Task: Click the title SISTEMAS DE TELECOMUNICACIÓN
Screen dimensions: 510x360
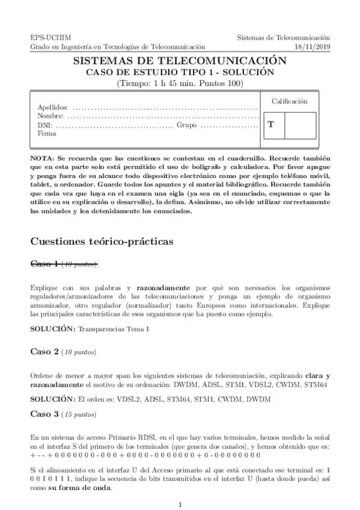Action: [x=179, y=61]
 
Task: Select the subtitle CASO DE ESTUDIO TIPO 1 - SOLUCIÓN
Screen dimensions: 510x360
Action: [x=179, y=72]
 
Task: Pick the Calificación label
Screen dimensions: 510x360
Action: [x=289, y=102]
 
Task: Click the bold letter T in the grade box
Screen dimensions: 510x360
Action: [x=271, y=124]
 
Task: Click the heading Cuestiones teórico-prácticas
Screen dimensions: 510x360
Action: [x=102, y=241]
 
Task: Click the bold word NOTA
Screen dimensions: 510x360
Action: [x=41, y=157]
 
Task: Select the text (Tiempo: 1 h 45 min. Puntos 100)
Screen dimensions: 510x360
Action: [x=179, y=83]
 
